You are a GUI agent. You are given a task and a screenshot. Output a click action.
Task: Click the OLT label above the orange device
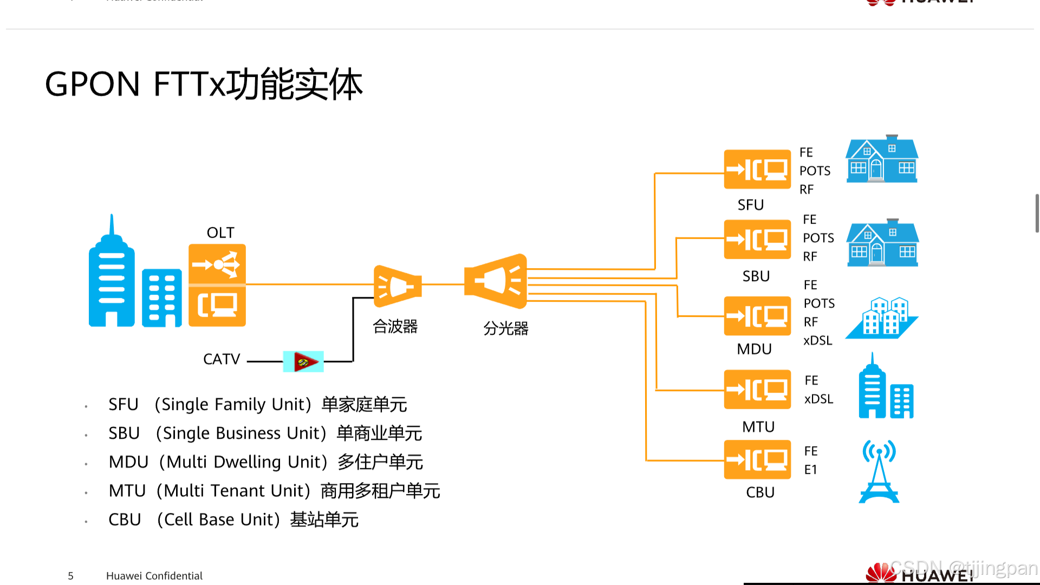(x=220, y=233)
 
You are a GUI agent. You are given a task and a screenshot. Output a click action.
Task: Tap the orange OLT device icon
(x=217, y=285)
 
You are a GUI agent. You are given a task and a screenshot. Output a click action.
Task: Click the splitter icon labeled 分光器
(x=496, y=281)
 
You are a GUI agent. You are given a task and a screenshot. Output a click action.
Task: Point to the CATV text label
(x=221, y=359)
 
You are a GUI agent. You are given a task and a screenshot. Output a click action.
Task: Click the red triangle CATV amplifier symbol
(x=304, y=361)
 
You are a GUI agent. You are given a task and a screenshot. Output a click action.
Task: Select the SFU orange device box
(x=757, y=170)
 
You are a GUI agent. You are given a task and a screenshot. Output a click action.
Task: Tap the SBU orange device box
(x=757, y=239)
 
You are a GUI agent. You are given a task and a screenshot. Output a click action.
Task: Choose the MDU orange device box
(x=757, y=316)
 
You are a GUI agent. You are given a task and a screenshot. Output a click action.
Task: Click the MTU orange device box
(x=757, y=389)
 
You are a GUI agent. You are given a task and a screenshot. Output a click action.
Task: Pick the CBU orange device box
(x=757, y=460)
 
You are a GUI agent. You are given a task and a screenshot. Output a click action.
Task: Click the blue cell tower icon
(x=879, y=472)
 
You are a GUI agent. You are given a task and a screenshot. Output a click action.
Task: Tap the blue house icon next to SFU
(x=882, y=159)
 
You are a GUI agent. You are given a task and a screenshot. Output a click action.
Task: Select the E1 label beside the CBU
(x=810, y=470)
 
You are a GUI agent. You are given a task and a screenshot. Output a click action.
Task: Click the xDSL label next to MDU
(x=817, y=341)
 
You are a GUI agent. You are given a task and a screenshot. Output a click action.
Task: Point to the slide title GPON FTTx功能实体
(x=204, y=84)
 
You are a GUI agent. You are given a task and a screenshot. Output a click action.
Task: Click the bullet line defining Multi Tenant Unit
(x=274, y=491)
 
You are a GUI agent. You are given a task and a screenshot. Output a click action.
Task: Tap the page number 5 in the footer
(x=70, y=576)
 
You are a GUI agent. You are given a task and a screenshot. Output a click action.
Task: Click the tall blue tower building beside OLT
(x=112, y=276)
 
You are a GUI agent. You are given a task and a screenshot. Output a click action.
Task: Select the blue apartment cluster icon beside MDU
(x=882, y=318)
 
